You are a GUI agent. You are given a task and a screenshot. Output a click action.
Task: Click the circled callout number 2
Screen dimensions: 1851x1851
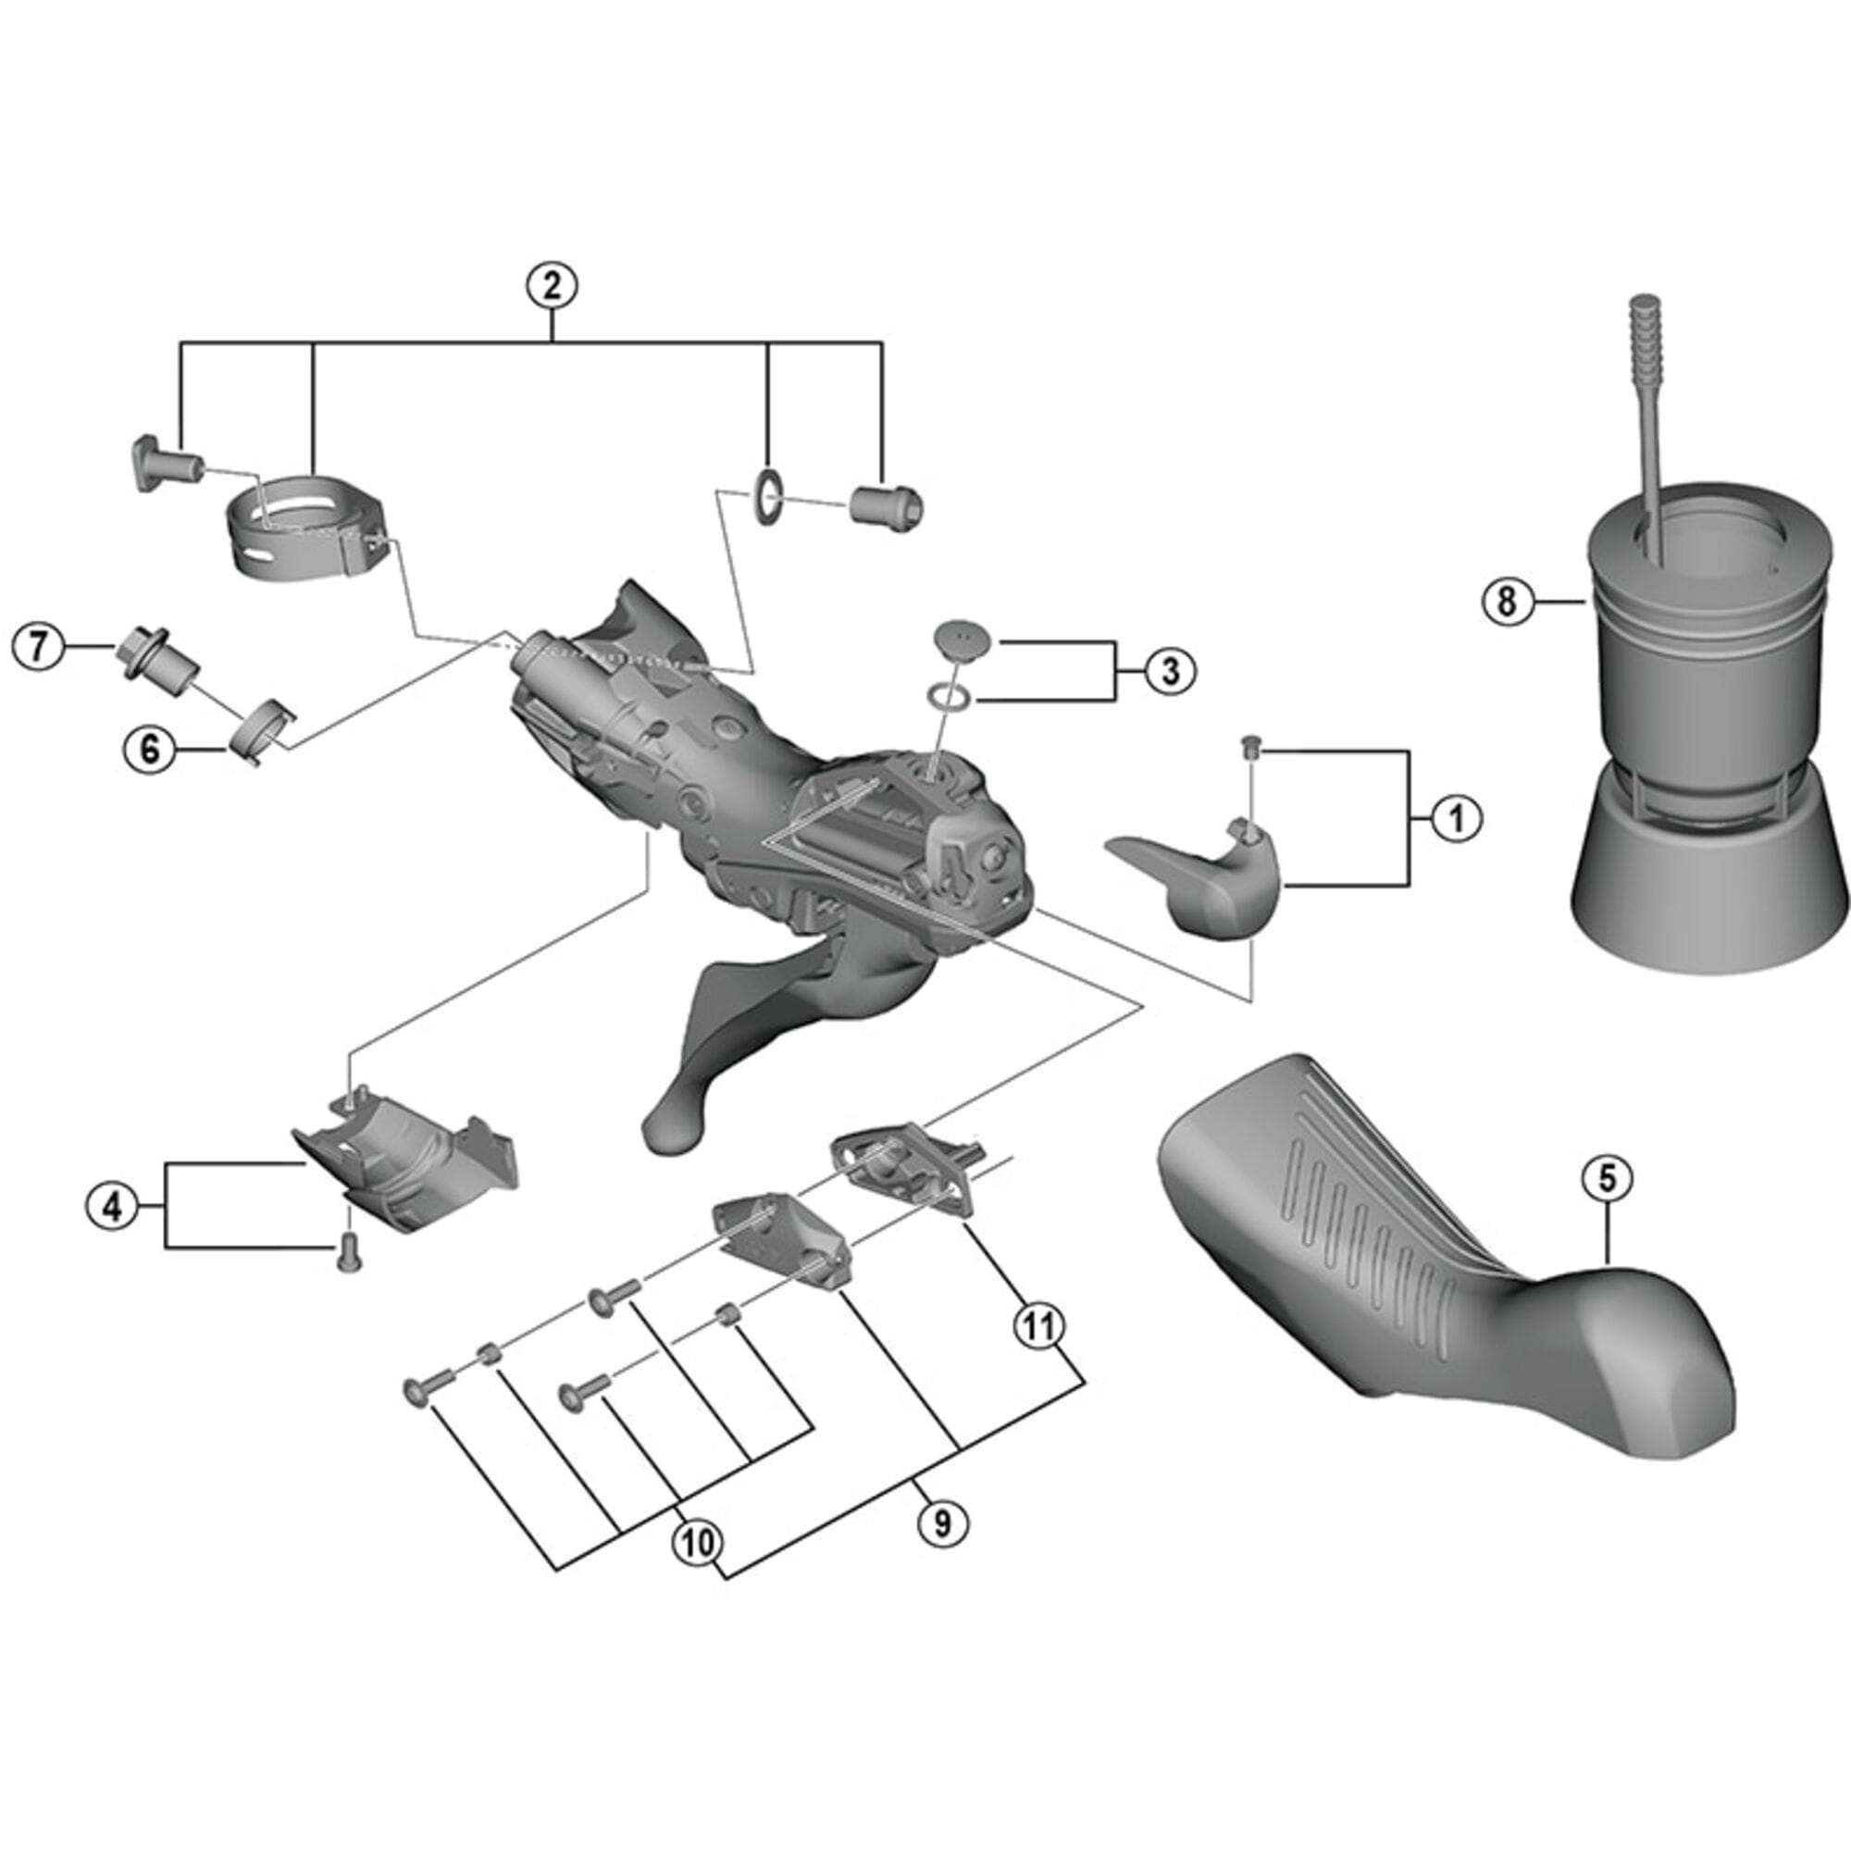tap(552, 285)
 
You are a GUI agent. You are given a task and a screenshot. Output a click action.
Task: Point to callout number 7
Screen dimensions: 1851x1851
tap(37, 647)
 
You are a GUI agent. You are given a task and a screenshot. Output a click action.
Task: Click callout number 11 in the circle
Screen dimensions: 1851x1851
tap(1039, 1326)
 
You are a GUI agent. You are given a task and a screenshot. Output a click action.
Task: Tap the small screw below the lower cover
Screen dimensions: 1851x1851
tap(349, 1254)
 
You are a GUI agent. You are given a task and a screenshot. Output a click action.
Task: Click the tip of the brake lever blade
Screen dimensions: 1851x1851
tap(671, 1131)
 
